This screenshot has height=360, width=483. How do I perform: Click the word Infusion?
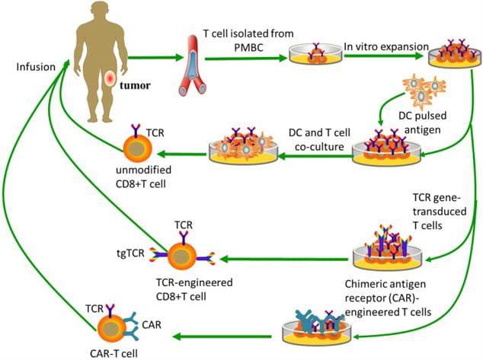click(x=35, y=67)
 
